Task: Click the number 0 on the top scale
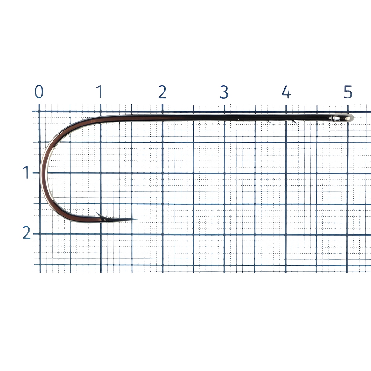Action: click(x=39, y=92)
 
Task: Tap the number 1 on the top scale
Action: click(x=99, y=92)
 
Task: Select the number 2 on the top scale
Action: click(x=162, y=92)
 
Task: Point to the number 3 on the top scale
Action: click(x=224, y=92)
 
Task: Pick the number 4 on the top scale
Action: click(x=286, y=92)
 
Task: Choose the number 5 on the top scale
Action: click(x=348, y=92)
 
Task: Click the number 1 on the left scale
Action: click(x=26, y=172)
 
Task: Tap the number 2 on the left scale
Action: click(x=26, y=232)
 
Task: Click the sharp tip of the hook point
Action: click(x=136, y=219)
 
